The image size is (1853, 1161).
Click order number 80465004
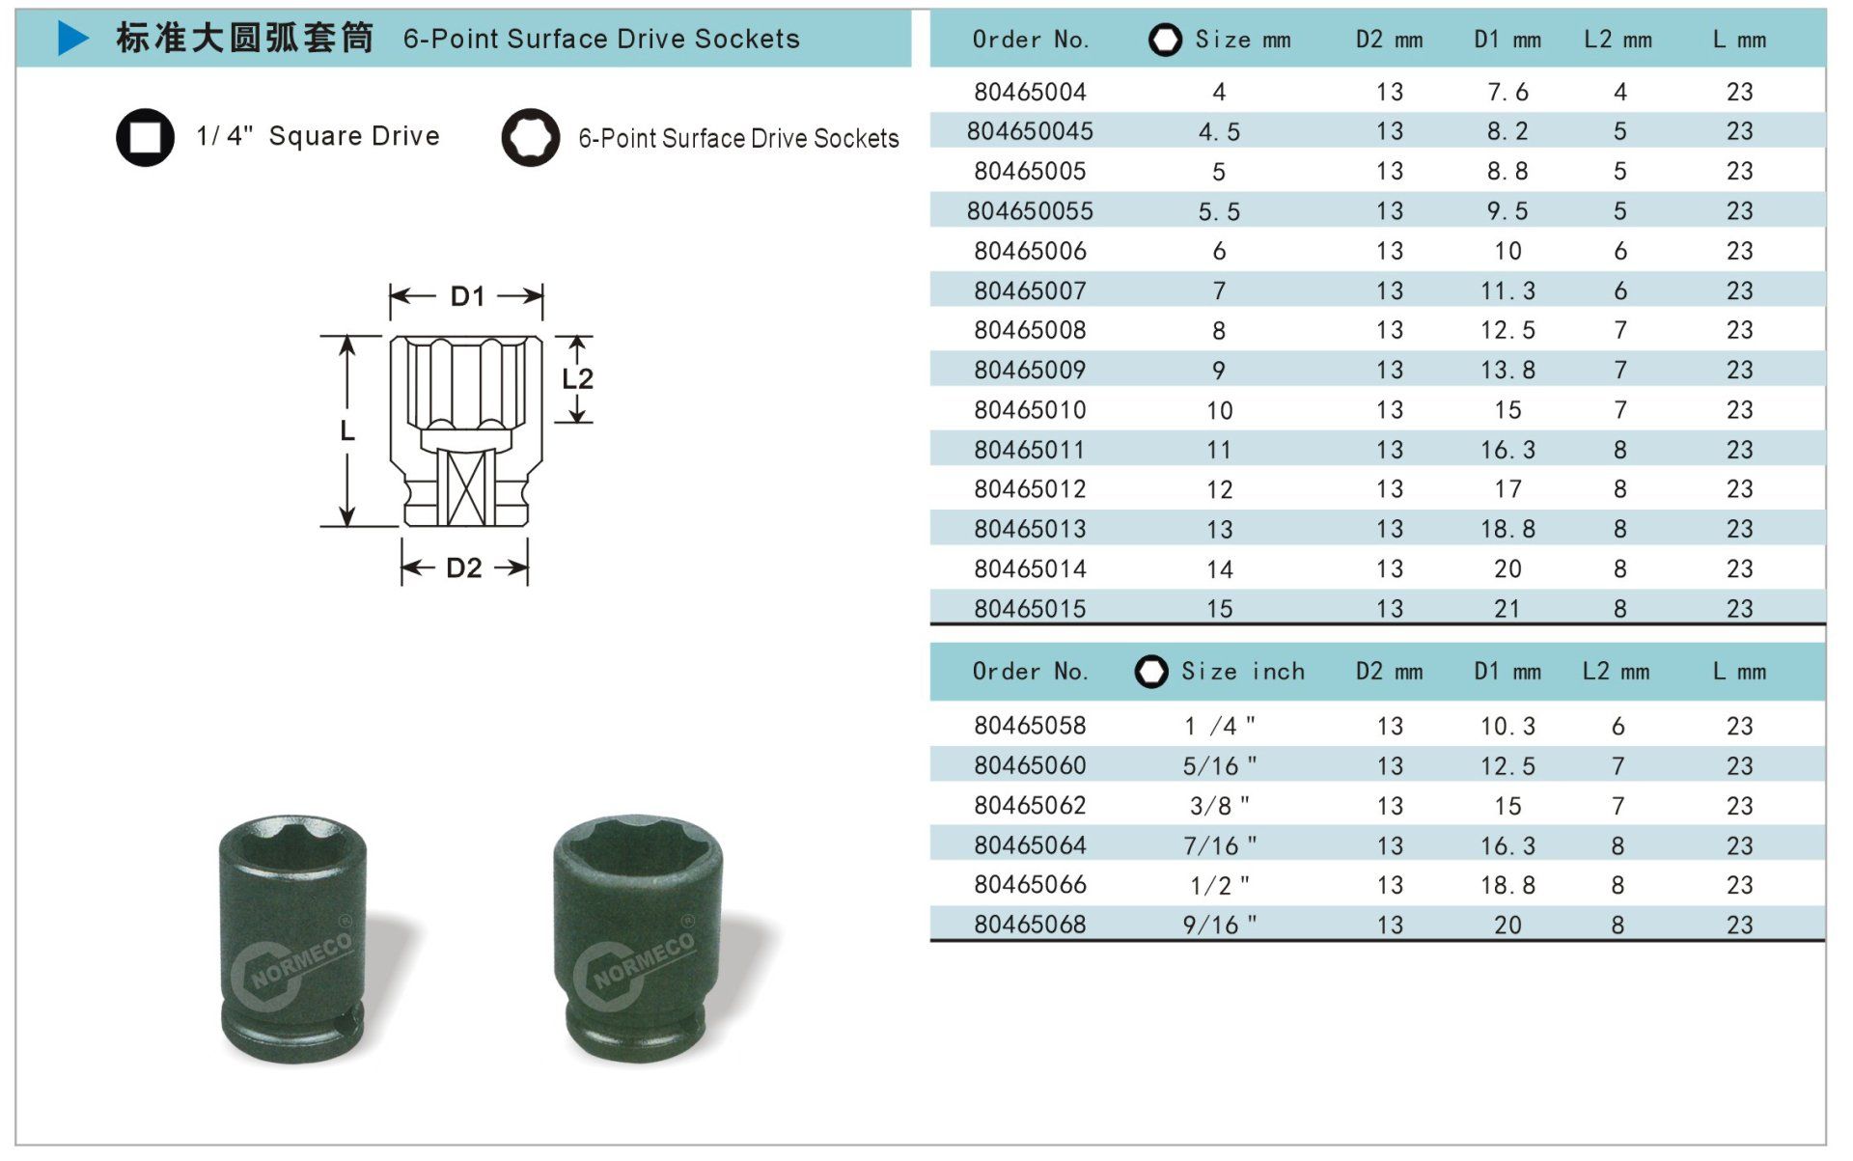pyautogui.click(x=1030, y=92)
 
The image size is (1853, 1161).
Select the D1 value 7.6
pyautogui.click(x=1507, y=92)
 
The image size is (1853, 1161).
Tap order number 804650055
pyautogui.click(x=1030, y=210)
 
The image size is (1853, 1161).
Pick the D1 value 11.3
pyautogui.click(x=1507, y=290)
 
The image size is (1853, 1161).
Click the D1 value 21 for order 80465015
pyautogui.click(x=1507, y=609)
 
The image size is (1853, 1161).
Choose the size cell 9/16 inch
pyautogui.click(x=1220, y=925)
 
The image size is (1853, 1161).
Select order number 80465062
pyautogui.click(x=1030, y=805)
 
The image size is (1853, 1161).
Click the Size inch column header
pyautogui.click(x=1242, y=671)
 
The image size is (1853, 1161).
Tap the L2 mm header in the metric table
pyautogui.click(x=1618, y=40)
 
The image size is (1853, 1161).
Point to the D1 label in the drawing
pyautogui.click(x=467, y=296)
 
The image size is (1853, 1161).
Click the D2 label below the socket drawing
pyautogui.click(x=464, y=567)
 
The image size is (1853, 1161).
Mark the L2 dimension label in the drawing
pyautogui.click(x=577, y=378)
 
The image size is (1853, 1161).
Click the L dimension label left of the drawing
pyautogui.click(x=347, y=430)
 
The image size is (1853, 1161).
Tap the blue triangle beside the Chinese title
pyautogui.click(x=73, y=38)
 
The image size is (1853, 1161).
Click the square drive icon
pyautogui.click(x=145, y=136)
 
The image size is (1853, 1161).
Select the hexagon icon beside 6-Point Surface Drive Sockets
pyautogui.click(x=531, y=137)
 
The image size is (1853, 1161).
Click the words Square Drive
pyautogui.click(x=354, y=136)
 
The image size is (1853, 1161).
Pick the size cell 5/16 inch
pyautogui.click(x=1220, y=765)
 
